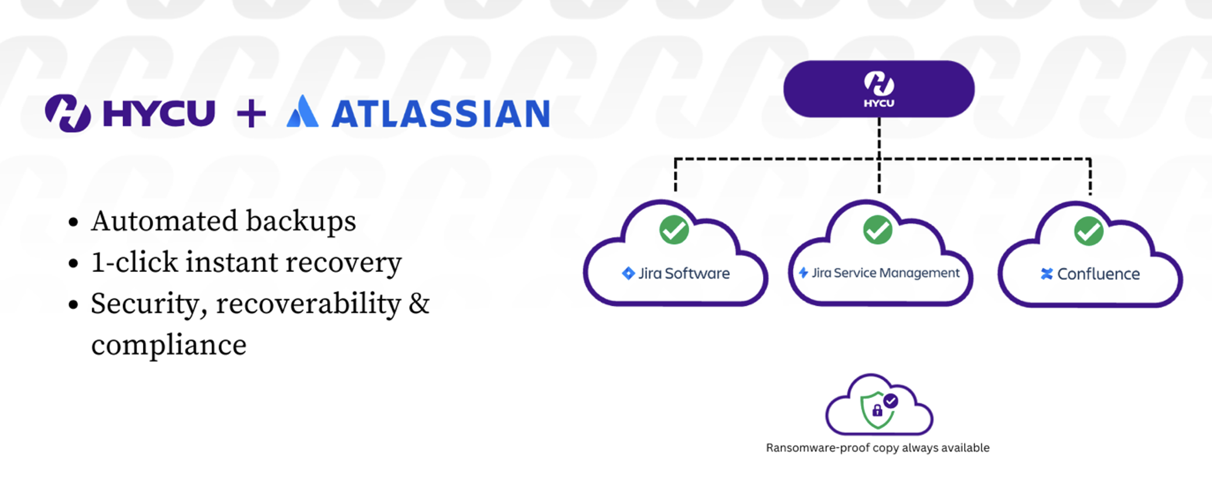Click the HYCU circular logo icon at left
click(68, 113)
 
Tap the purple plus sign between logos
click(251, 113)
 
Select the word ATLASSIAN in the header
click(440, 114)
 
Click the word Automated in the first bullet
click(164, 221)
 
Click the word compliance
click(169, 345)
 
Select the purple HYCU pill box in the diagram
click(878, 89)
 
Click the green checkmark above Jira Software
click(674, 230)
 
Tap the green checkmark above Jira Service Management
click(877, 230)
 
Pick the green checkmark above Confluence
click(1088, 231)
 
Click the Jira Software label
click(684, 274)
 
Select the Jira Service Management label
click(885, 273)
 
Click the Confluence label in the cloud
click(1098, 274)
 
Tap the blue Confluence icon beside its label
click(1046, 274)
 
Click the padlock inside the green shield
click(877, 411)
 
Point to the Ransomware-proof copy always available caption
click(877, 448)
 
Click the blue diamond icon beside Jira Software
click(628, 274)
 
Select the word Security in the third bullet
click(149, 304)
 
